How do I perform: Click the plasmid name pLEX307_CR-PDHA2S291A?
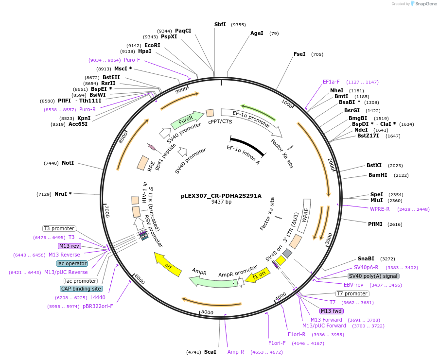pyautogui.click(x=221, y=196)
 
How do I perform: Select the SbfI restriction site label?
pyautogui.click(x=220, y=24)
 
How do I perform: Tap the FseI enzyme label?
pyautogui.click(x=299, y=54)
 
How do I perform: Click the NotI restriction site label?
pyautogui.click(x=68, y=163)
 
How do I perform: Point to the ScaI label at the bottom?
pyautogui.click(x=210, y=351)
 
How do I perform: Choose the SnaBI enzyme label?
pyautogui.click(x=366, y=258)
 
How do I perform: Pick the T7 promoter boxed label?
pyautogui.click(x=352, y=293)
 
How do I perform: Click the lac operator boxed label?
pyautogui.click(x=72, y=263)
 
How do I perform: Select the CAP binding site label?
pyautogui.click(x=81, y=289)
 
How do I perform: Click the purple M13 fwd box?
pyautogui.click(x=331, y=311)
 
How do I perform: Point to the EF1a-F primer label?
pyautogui.click(x=331, y=82)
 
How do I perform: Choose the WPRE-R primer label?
pyautogui.click(x=380, y=209)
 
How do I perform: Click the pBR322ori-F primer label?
pyautogui.click(x=98, y=306)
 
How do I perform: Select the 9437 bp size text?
pyautogui.click(x=221, y=202)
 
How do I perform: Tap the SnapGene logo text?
pyautogui.click(x=424, y=4)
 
